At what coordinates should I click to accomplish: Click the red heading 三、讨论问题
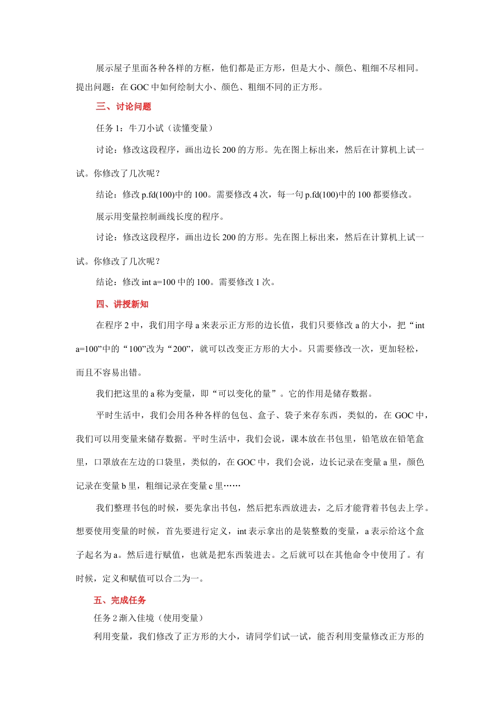(x=123, y=106)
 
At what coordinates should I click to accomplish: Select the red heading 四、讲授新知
(x=122, y=304)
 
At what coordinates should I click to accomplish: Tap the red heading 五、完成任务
(x=120, y=600)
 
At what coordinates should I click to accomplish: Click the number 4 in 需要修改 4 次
(x=255, y=194)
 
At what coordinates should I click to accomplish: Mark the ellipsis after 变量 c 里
(x=232, y=486)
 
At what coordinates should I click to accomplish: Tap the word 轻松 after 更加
(x=406, y=349)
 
